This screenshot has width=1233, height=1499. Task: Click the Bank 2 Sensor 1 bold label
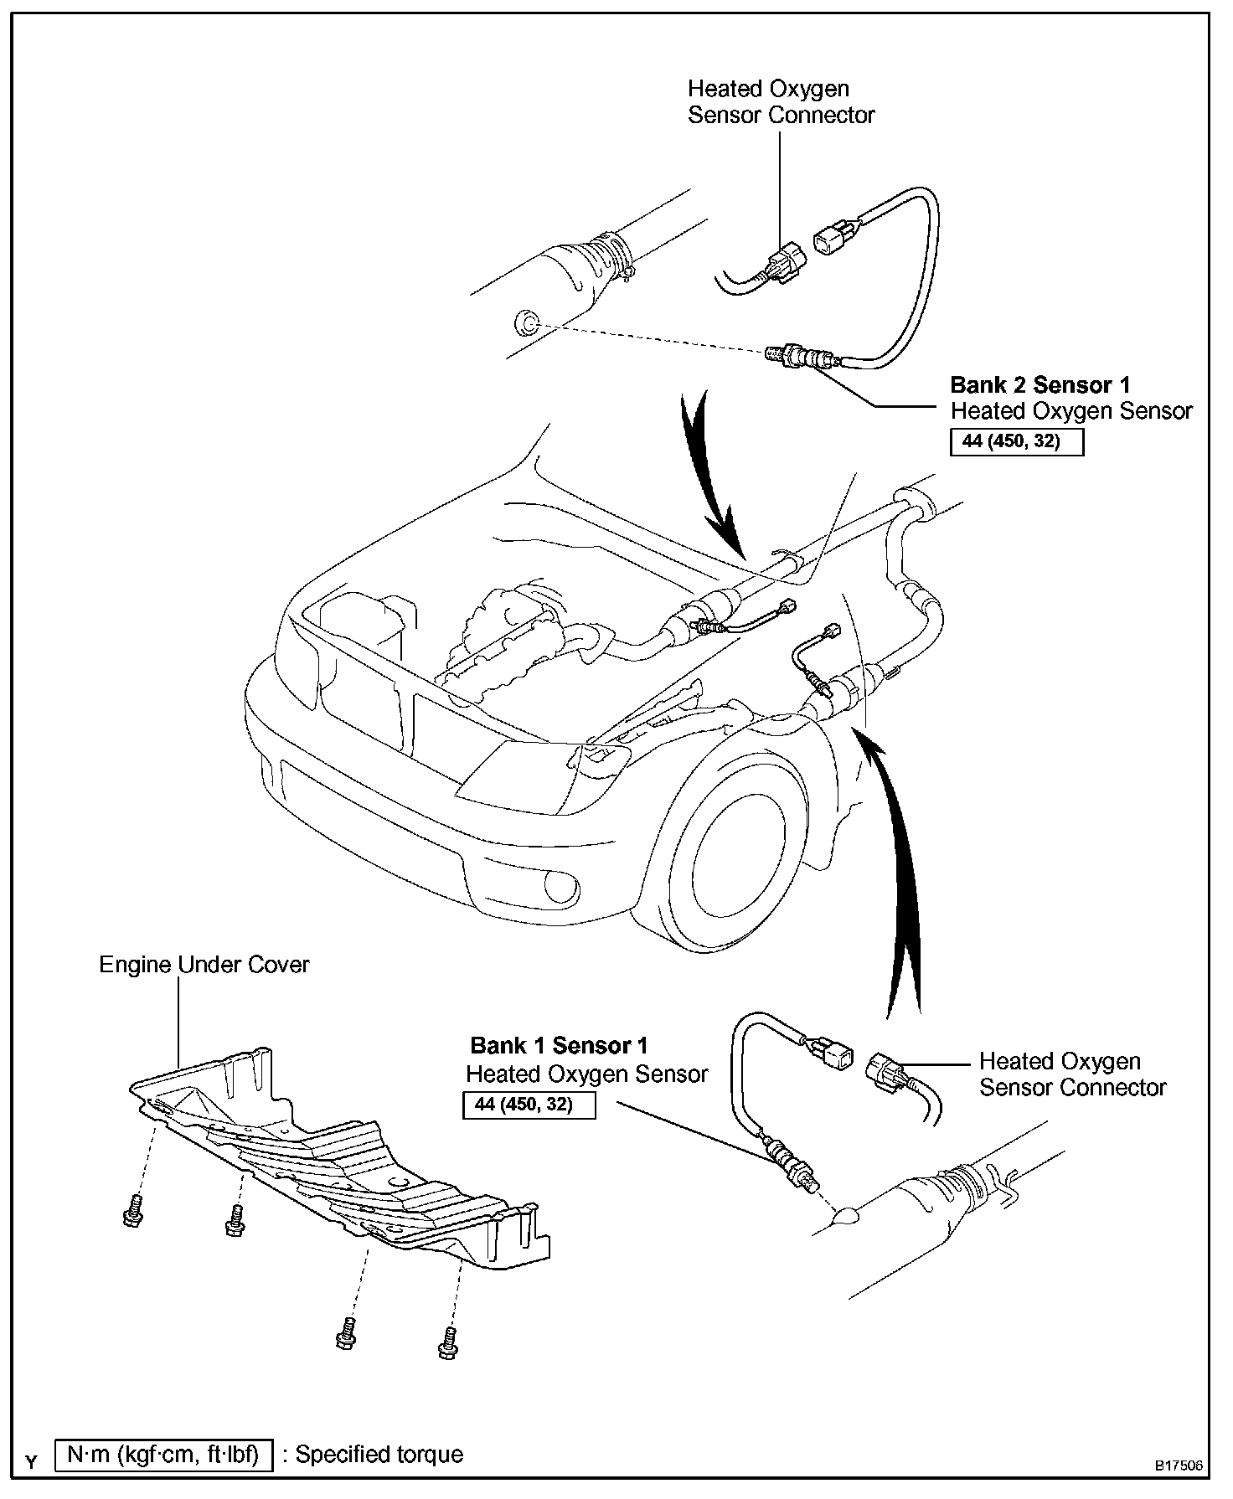(x=1040, y=385)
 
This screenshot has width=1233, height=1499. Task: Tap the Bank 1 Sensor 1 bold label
(x=559, y=1046)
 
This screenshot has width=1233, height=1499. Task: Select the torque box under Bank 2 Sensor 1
(x=1016, y=441)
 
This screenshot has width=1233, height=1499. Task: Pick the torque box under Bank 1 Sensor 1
(x=529, y=1105)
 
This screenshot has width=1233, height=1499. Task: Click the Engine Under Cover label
(x=204, y=965)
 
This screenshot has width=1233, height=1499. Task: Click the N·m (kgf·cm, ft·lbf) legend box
(x=163, y=1455)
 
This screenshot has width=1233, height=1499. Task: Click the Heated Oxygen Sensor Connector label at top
(x=781, y=102)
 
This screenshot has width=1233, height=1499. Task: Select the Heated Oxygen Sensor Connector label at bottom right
(x=1072, y=1074)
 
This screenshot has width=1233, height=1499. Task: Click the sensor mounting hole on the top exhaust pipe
(x=526, y=322)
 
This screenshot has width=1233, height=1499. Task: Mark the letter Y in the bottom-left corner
(x=32, y=1463)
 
